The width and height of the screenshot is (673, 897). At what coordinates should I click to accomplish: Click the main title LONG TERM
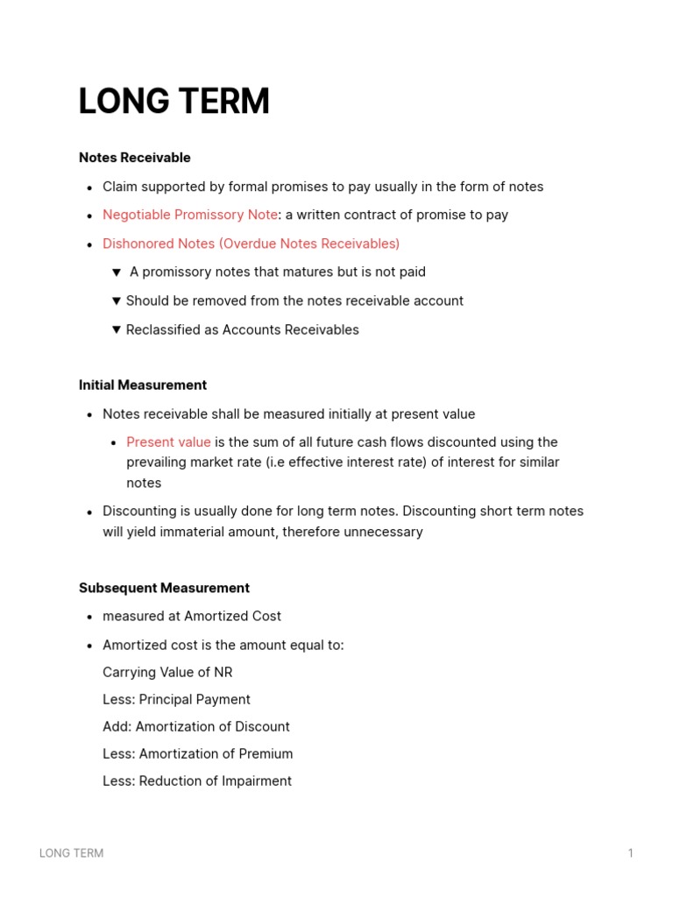click(174, 102)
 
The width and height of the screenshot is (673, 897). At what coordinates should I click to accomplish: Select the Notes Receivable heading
click(134, 158)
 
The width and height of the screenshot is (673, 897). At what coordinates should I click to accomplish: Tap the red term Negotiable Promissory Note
click(189, 215)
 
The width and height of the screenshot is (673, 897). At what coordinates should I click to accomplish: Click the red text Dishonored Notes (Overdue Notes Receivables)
click(251, 244)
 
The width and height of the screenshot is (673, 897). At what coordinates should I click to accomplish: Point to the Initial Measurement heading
click(142, 385)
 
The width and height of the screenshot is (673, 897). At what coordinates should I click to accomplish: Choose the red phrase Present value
click(168, 442)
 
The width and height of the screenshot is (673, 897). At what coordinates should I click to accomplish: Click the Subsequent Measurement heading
click(164, 588)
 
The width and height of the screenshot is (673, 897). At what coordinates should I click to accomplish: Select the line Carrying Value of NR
click(167, 672)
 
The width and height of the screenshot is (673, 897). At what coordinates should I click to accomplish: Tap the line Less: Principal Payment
click(176, 699)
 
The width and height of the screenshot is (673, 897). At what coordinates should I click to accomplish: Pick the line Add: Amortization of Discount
click(195, 726)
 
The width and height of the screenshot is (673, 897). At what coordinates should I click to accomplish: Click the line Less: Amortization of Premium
click(197, 753)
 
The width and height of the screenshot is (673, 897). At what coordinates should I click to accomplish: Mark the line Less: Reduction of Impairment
click(196, 780)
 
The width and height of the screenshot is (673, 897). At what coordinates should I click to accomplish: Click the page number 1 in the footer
click(630, 853)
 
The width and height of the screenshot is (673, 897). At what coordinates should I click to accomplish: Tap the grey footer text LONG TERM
click(71, 853)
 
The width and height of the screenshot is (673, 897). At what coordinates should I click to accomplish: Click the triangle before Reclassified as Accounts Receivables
click(117, 329)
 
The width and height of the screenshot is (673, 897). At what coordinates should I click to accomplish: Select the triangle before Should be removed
click(117, 300)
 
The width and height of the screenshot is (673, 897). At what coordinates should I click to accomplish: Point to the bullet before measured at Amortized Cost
click(90, 618)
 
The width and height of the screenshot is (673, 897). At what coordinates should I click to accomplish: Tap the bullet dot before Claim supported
click(90, 187)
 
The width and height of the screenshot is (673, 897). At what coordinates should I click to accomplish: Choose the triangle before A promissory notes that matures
click(117, 272)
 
